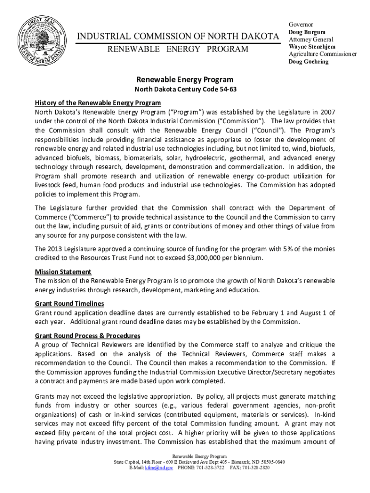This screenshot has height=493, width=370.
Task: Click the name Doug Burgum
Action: (x=307, y=32)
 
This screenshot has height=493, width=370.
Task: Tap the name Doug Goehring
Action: (x=308, y=62)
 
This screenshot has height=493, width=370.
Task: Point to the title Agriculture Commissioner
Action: (x=322, y=54)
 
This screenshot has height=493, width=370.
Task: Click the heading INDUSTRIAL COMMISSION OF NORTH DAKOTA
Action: (x=178, y=37)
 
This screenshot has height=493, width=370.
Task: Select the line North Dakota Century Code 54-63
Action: (x=185, y=90)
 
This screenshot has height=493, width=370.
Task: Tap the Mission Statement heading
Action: (x=63, y=272)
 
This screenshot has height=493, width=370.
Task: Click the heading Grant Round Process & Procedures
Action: (x=87, y=336)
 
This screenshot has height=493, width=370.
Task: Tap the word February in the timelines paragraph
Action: (x=248, y=313)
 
